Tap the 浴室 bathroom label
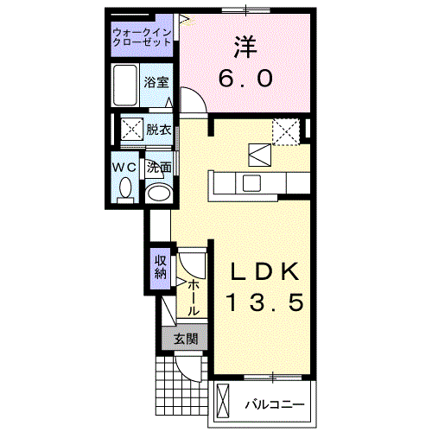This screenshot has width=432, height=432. pyautogui.click(x=157, y=83)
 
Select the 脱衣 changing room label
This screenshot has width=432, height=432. pyautogui.click(x=158, y=130)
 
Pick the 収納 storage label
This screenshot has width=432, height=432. pyautogui.click(x=161, y=267)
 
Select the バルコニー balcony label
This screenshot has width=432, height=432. pyautogui.click(x=272, y=403)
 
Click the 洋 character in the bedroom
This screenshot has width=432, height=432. pyautogui.click(x=245, y=46)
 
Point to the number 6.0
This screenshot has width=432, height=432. pyautogui.click(x=245, y=78)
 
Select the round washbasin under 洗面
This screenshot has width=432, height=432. pyautogui.click(x=157, y=192)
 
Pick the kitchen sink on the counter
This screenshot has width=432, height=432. pyautogui.click(x=251, y=183)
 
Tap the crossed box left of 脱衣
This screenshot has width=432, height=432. pyautogui.click(x=131, y=130)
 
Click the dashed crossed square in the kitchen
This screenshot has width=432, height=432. pyautogui.click(x=285, y=131)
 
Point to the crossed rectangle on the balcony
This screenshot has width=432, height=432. pyautogui.click(x=224, y=403)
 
